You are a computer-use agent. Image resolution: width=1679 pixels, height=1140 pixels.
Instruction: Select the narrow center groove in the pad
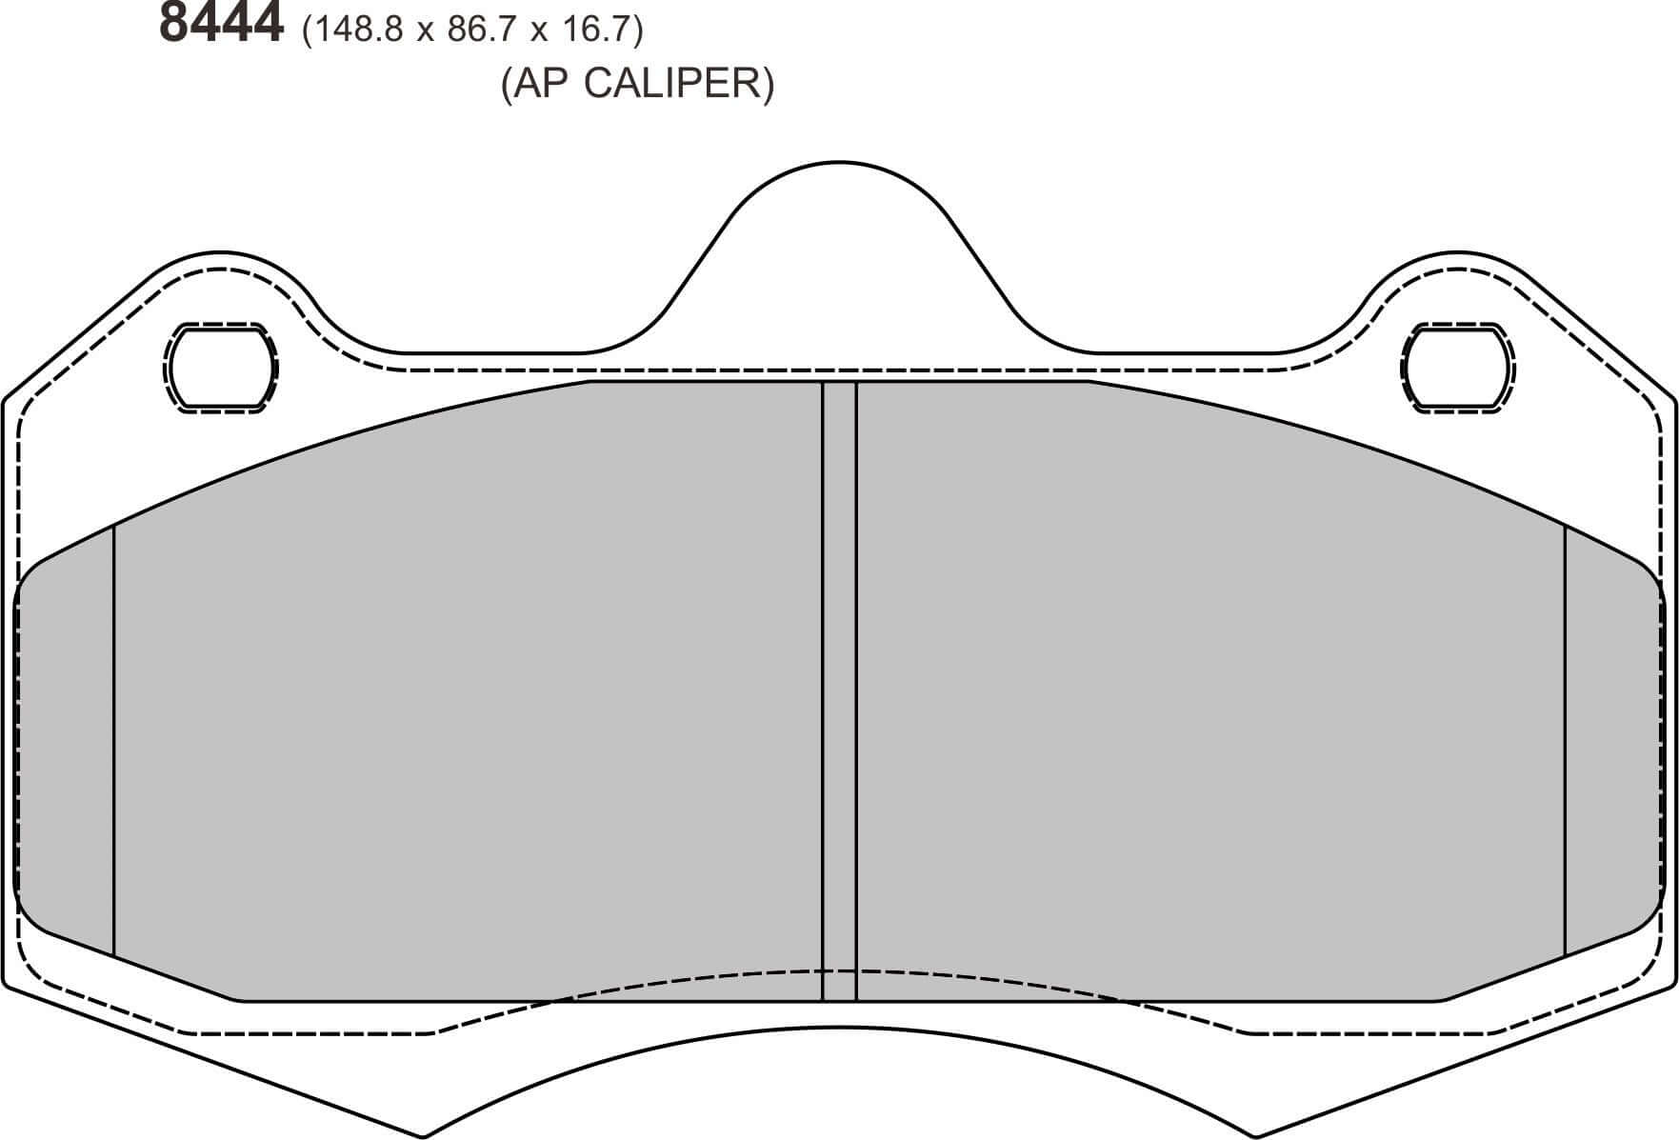(839, 686)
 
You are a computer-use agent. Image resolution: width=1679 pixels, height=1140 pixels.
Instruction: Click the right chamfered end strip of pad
(1611, 743)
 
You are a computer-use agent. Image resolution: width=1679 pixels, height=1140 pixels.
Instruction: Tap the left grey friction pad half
(467, 686)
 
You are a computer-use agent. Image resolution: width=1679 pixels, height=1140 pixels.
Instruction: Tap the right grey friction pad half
(1209, 686)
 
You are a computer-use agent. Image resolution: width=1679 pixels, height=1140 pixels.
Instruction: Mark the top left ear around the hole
(222, 295)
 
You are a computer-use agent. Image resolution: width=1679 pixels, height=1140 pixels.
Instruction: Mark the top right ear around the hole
(1457, 295)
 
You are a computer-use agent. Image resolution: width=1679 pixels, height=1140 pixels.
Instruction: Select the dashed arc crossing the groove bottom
(839, 970)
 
